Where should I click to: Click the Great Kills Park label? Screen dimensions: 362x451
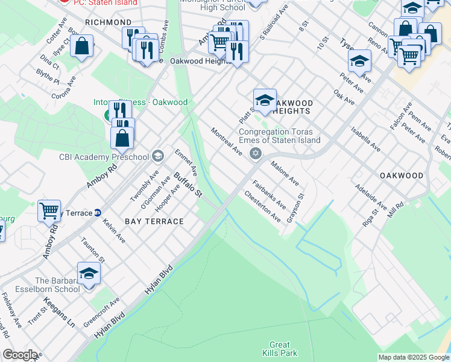(276, 348)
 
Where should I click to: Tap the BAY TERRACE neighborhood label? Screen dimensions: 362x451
(154, 221)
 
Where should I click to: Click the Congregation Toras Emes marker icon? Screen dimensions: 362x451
(256, 153)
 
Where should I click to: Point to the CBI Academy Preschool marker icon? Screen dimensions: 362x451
(157, 157)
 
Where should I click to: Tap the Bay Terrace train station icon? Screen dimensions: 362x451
(97, 213)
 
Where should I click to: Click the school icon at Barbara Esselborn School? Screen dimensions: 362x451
(89, 274)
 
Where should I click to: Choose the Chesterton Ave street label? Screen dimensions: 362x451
(262, 206)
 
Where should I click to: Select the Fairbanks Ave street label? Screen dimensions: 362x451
(269, 194)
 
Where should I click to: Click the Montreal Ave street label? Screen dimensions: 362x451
(226, 142)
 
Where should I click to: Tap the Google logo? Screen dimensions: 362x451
(20, 355)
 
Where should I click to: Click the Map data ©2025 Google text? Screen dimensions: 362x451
(413, 357)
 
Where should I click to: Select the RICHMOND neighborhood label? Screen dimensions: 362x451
(108, 22)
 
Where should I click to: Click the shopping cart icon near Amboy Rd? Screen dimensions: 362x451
(49, 211)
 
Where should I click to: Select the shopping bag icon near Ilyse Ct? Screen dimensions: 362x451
(81, 46)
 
